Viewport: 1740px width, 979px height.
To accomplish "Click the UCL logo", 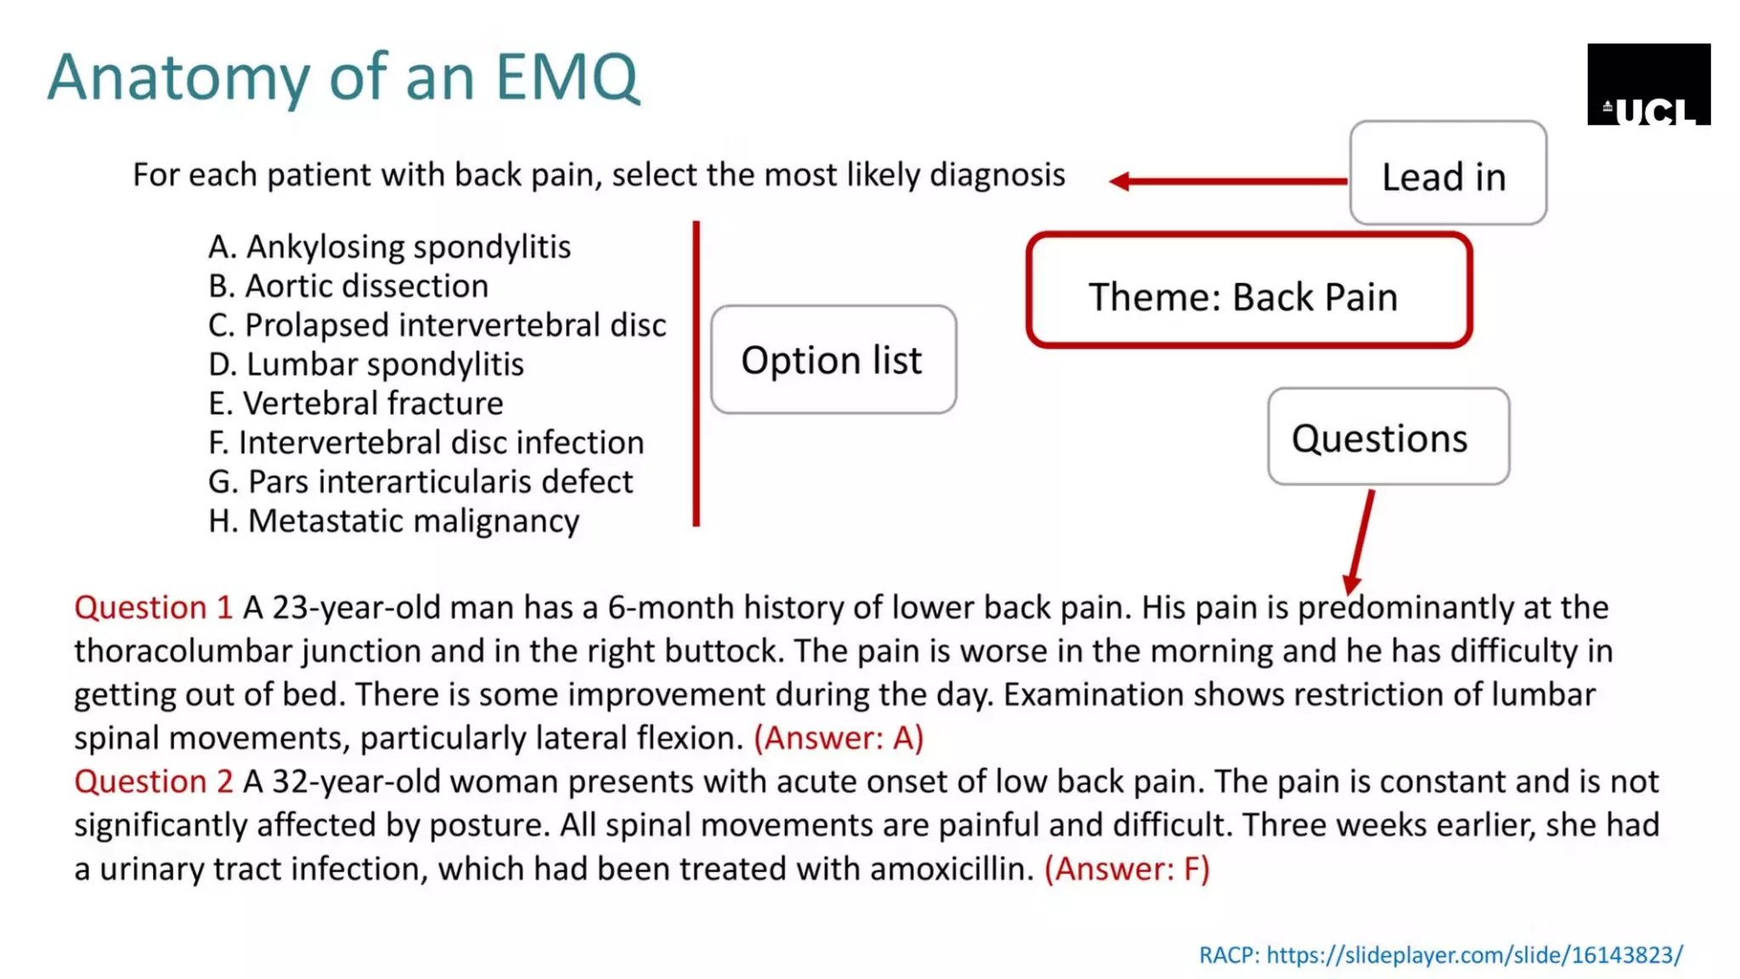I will (1648, 84).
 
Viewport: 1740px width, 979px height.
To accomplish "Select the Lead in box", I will (1447, 173).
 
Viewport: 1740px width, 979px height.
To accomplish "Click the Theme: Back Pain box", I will (1248, 291).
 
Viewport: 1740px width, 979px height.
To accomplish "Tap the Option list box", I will (833, 360).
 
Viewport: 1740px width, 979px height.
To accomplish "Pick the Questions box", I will (1387, 438).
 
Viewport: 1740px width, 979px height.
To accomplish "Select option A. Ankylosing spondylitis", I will (389, 246).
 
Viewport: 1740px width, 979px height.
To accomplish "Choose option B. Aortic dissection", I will (348, 286).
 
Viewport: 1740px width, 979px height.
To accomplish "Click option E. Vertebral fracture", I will (355, 403).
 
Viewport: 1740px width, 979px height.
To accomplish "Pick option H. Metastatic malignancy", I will (393, 521).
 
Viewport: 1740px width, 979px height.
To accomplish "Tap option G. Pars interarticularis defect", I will (421, 482).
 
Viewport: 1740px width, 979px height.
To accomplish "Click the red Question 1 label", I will (153, 608).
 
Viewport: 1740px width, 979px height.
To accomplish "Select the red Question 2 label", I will (153, 782).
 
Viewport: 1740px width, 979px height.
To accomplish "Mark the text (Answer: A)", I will (838, 738).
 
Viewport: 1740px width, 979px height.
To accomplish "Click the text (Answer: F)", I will (1127, 869).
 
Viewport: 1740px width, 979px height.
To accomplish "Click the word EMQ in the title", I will (566, 77).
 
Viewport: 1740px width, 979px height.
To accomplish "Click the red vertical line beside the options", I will (696, 374).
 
